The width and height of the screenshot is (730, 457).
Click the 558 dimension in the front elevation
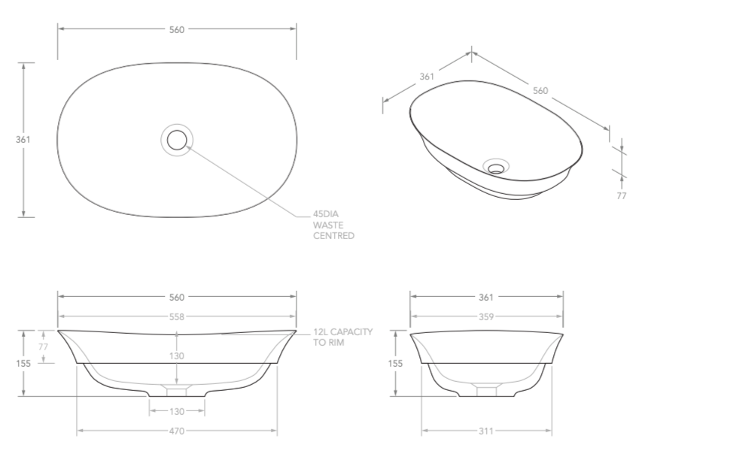pos(176,316)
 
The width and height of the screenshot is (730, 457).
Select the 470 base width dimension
pos(176,431)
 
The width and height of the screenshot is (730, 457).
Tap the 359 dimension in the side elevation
pos(486,316)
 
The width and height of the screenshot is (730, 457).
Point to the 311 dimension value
pos(486,431)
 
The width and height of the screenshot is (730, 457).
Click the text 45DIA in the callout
pos(327,213)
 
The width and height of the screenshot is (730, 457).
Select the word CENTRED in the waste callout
pos(334,236)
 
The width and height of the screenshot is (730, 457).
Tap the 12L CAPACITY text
pos(343,331)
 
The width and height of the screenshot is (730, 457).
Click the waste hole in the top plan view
pos(177,139)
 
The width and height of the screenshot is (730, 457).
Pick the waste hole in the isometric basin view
pos(496,167)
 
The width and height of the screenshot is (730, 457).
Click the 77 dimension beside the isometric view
pos(621,195)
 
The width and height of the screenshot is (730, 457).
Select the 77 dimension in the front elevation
pos(43,347)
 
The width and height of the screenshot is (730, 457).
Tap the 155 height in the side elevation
pos(396,363)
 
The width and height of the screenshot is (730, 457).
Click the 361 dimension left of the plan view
pos(23,140)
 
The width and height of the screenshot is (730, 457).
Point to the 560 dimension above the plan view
pos(176,29)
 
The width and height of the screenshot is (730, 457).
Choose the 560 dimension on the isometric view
pos(540,90)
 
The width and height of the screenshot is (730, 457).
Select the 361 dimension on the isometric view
pos(427,77)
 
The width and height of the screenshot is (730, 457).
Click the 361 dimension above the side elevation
pos(486,297)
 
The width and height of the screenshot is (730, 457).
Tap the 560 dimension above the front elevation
pos(176,297)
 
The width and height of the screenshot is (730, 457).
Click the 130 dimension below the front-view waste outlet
pos(176,411)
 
